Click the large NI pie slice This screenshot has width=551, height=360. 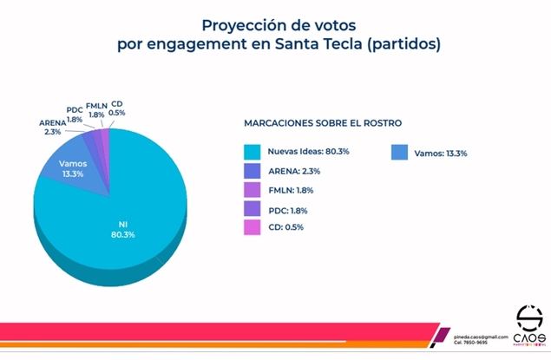click(x=130, y=217)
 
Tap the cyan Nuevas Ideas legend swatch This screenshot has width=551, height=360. click(x=253, y=152)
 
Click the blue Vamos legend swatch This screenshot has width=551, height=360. click(x=399, y=152)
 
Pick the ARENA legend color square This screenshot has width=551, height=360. click(x=253, y=171)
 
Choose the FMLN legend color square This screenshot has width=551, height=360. click(x=253, y=190)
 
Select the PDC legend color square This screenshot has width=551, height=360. click(x=253, y=209)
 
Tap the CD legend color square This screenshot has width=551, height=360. click(x=253, y=228)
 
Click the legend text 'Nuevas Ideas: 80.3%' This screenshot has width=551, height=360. click(x=308, y=152)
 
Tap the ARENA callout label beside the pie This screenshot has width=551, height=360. click(x=50, y=128)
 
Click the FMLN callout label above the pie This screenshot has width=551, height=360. click(x=96, y=110)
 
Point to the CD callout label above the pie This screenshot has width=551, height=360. click(x=117, y=107)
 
